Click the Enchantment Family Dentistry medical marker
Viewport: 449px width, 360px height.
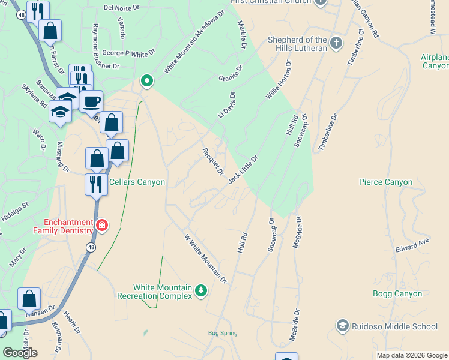pyautogui.click(x=102, y=226)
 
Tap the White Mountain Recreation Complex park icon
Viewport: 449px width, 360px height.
pyautogui.click(x=201, y=292)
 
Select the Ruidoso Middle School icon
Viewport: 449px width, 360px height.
pyautogui.click(x=342, y=325)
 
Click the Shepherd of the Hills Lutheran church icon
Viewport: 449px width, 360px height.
pyautogui.click(x=336, y=43)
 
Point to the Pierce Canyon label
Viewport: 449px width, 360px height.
pyautogui.click(x=385, y=182)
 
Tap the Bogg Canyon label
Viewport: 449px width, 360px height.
pyautogui.click(x=397, y=293)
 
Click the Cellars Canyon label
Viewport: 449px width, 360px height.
pyautogui.click(x=137, y=182)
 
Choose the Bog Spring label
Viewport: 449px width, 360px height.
pyautogui.click(x=223, y=333)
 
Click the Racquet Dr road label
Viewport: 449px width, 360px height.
pyautogui.click(x=213, y=161)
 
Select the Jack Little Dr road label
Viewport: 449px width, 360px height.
pyautogui.click(x=244, y=170)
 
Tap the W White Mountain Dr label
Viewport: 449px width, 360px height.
pyautogui.click(x=205, y=259)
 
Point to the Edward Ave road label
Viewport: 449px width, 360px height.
pyautogui.click(x=413, y=244)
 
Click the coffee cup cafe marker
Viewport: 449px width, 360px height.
pyautogui.click(x=91, y=102)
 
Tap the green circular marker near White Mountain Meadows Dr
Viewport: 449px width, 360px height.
pyautogui.click(x=146, y=80)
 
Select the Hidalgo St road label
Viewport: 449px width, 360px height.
pyautogui.click(x=16, y=212)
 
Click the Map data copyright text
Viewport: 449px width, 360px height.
pyautogui.click(x=411, y=355)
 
